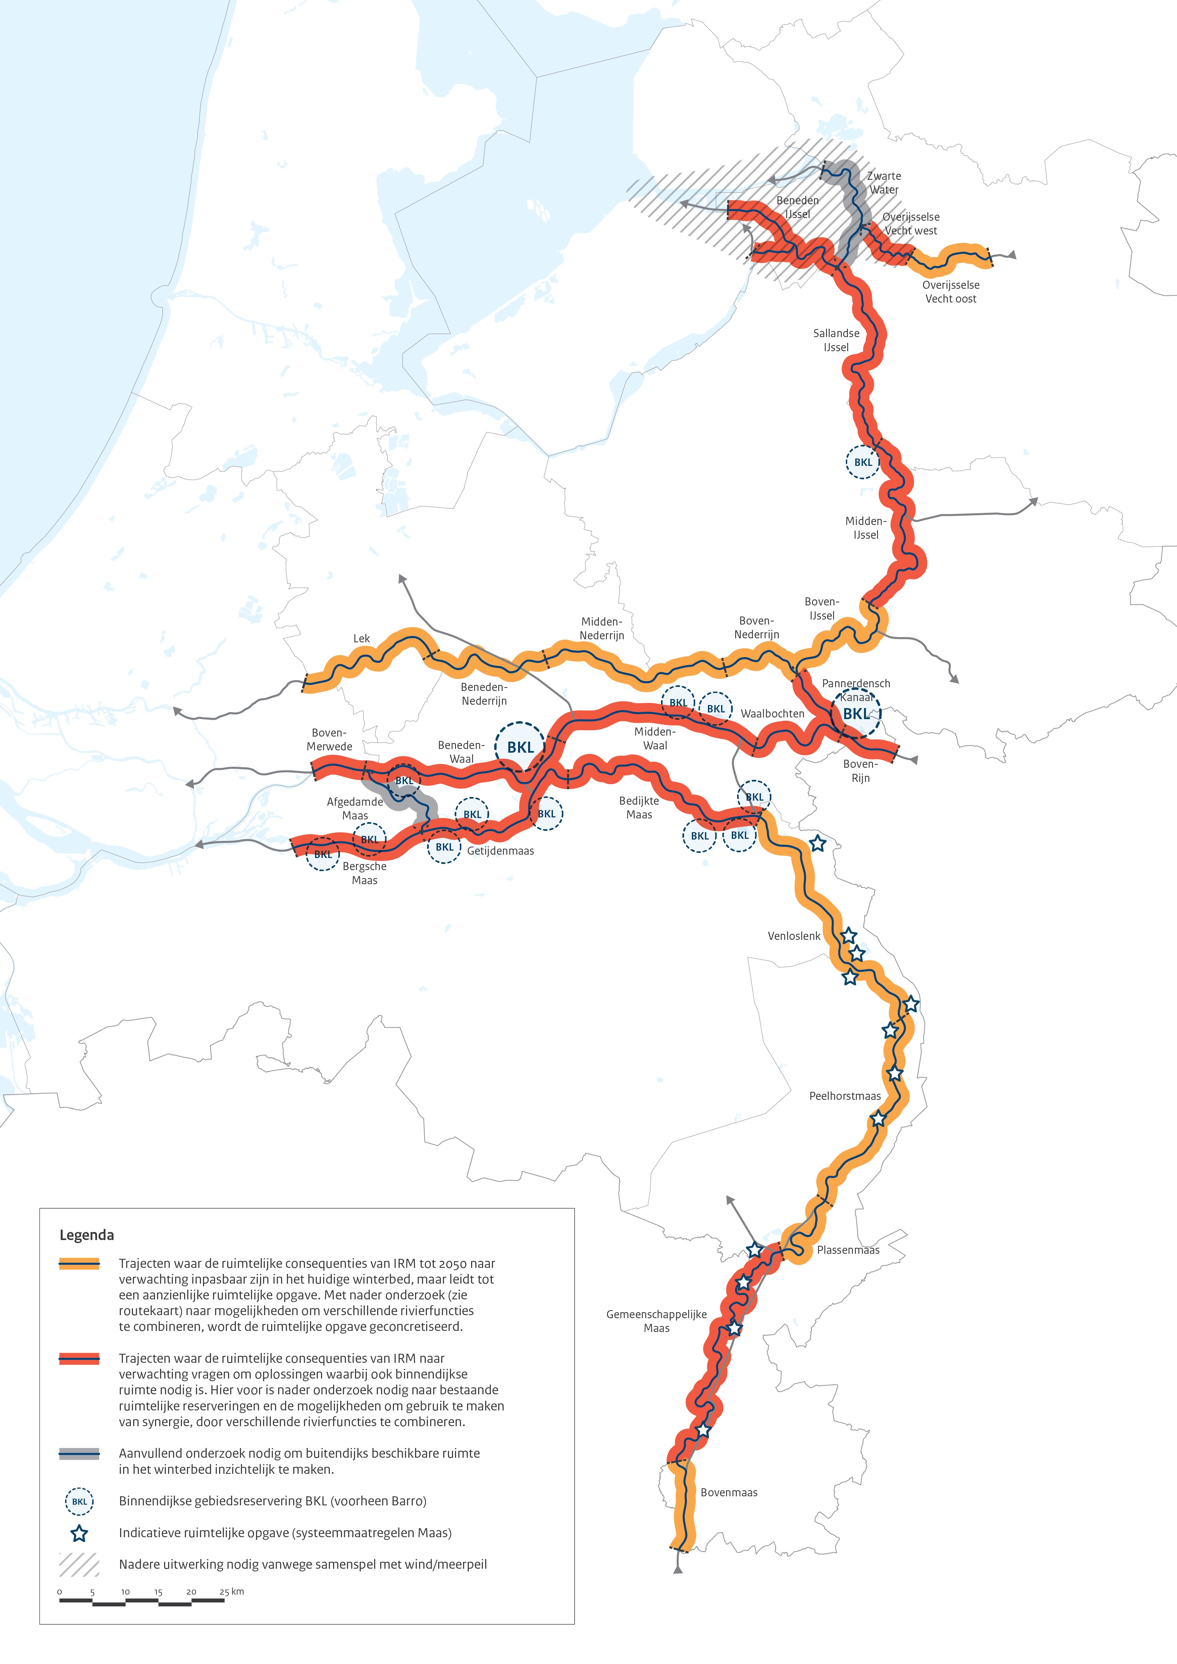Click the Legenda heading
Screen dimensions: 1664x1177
point(86,1235)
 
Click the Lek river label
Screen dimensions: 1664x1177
point(362,639)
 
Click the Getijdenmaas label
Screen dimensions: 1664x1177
point(500,851)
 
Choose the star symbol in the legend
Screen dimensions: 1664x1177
point(79,1533)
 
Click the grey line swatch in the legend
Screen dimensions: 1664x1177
point(79,1453)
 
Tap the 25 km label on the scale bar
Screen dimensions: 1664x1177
point(232,1592)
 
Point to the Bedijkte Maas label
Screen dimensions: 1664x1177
point(638,807)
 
